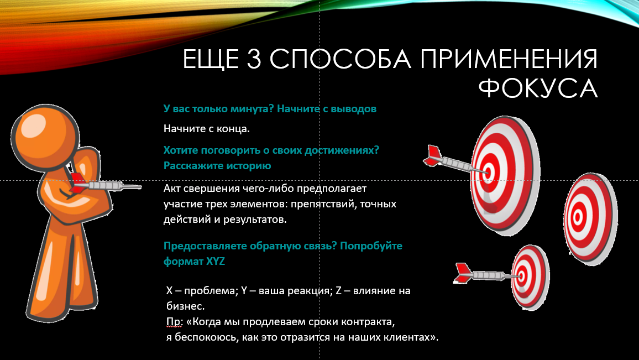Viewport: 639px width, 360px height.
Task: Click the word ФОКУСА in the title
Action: (x=537, y=88)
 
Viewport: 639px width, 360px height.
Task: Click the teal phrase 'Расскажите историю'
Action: (x=217, y=165)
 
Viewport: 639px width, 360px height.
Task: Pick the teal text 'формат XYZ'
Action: (x=194, y=262)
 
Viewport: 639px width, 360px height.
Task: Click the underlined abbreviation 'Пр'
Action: (x=172, y=321)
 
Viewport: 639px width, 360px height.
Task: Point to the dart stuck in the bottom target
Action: (x=486, y=274)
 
